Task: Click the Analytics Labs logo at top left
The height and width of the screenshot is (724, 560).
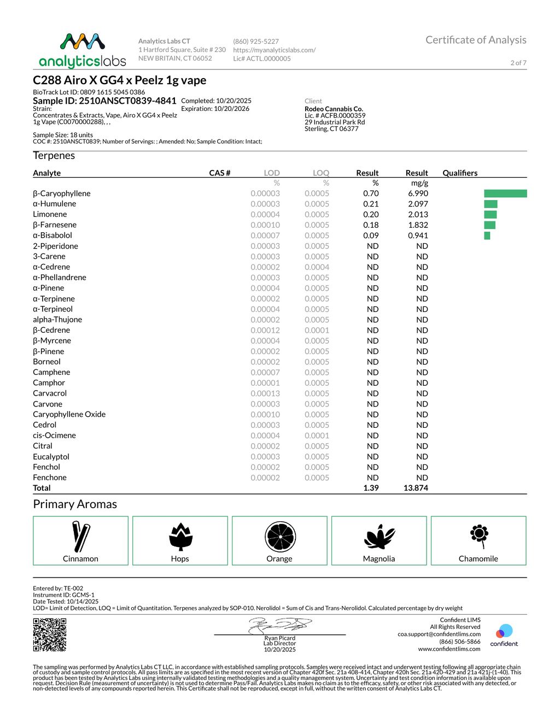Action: coord(83,50)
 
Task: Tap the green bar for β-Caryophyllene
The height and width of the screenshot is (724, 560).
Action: coord(505,193)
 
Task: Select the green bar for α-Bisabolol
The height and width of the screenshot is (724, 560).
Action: coord(487,236)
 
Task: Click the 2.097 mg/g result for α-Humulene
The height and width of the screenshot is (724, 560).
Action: coord(418,204)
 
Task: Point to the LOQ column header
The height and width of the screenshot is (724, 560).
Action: coord(320,173)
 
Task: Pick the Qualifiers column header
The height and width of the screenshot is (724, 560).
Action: coord(460,173)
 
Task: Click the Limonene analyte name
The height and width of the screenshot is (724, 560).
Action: coord(50,214)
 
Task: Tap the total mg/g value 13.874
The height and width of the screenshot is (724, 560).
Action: coord(416,488)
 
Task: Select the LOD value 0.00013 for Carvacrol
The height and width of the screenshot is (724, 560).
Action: coord(265,393)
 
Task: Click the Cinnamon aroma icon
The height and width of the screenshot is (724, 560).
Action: coord(80,537)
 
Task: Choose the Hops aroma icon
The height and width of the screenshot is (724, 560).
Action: coord(180,537)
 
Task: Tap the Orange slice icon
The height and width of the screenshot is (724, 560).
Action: coord(280,537)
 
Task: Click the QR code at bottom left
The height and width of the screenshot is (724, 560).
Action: coord(50,634)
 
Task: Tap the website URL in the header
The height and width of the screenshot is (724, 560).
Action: coord(274,50)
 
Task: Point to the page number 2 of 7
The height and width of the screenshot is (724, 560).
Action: coord(518,63)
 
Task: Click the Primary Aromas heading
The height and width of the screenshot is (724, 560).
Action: coord(75,504)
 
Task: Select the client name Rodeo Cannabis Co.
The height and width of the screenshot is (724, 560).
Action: coord(334,109)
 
